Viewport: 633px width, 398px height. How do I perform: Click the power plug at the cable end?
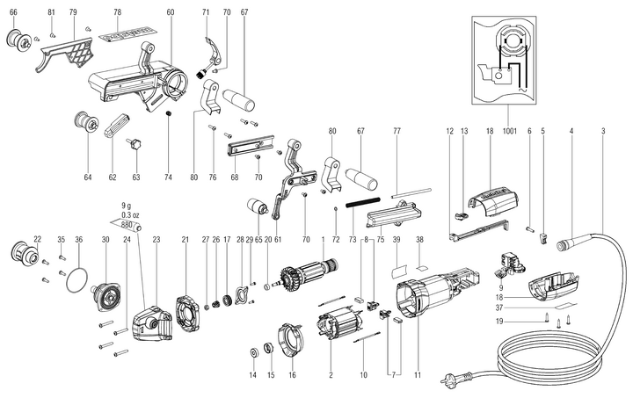pos(448,380)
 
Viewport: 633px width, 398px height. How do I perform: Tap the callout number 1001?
pos(509,131)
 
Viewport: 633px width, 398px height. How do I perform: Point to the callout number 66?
pos(13,12)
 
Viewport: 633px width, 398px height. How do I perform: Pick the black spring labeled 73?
pos(363,202)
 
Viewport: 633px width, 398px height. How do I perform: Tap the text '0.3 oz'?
pos(130,215)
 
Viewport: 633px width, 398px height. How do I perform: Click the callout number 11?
pos(418,375)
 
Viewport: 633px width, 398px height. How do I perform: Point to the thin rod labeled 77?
pos(411,192)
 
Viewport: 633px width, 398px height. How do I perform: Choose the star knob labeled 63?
pos(135,145)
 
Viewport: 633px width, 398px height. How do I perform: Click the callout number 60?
pos(171,12)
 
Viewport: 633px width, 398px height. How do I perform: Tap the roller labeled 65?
pos(258,208)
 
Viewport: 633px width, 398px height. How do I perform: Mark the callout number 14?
pos(252,375)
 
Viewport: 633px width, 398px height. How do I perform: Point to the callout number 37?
pos(499,308)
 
